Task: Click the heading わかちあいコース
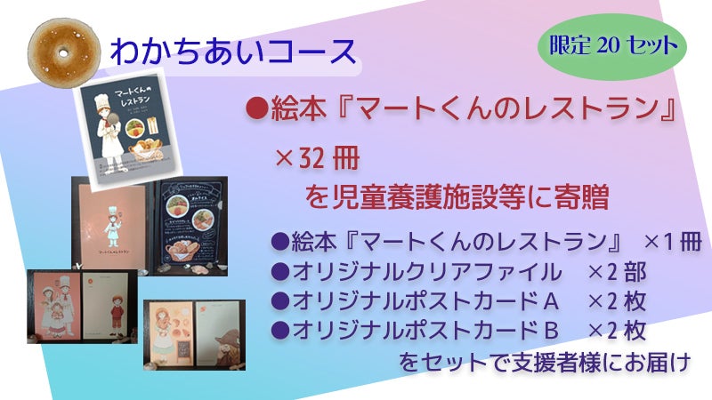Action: [x=231, y=51]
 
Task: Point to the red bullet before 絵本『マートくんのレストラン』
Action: [x=256, y=111]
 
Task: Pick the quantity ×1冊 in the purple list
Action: [x=672, y=242]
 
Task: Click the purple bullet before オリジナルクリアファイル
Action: [x=278, y=271]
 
